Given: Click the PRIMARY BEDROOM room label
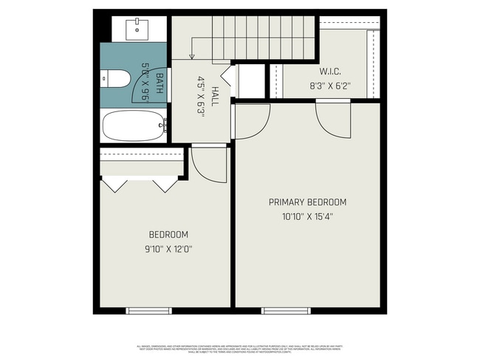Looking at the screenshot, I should point(307,202).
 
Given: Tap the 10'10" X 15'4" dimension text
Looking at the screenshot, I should point(307,217).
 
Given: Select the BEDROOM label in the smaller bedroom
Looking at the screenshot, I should point(168,235).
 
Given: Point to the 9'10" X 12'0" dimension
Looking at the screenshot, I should point(168,249).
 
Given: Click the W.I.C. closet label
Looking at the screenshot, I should point(330,72).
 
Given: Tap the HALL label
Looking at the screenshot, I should point(215,97).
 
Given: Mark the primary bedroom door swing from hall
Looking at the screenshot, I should point(250,121).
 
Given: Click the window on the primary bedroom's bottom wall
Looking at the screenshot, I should point(284,311).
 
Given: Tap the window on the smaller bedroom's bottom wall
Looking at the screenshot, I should point(148,311).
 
